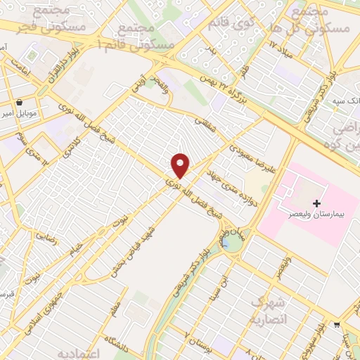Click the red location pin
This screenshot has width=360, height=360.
click(x=181, y=165)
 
